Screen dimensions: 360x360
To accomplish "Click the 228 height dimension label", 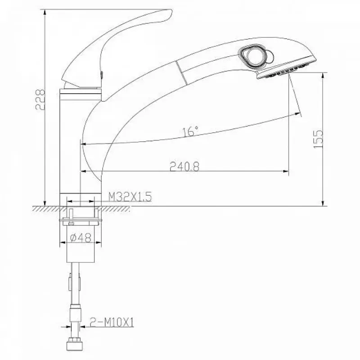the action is click(40, 99).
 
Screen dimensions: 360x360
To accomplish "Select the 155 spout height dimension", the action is click(318, 139).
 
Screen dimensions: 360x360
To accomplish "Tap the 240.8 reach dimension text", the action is click(184, 166).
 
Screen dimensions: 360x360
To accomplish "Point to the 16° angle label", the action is click(190, 131).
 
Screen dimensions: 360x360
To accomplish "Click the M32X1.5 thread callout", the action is click(130, 197).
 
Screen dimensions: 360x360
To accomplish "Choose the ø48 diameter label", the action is click(81, 238).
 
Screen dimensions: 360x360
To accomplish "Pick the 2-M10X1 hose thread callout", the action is click(112, 322).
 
